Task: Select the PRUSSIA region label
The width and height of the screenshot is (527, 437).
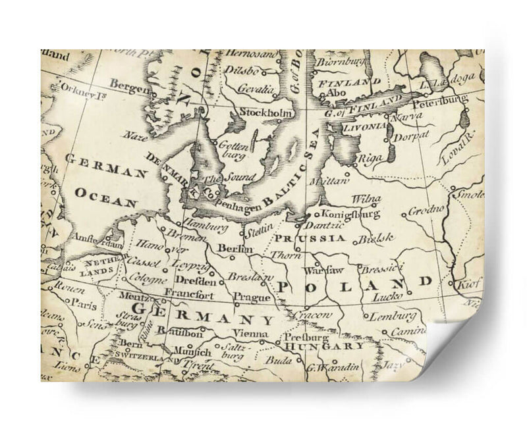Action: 310,238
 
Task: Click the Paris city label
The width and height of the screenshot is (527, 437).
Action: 83,305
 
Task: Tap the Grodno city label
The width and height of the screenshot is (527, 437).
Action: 422,212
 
